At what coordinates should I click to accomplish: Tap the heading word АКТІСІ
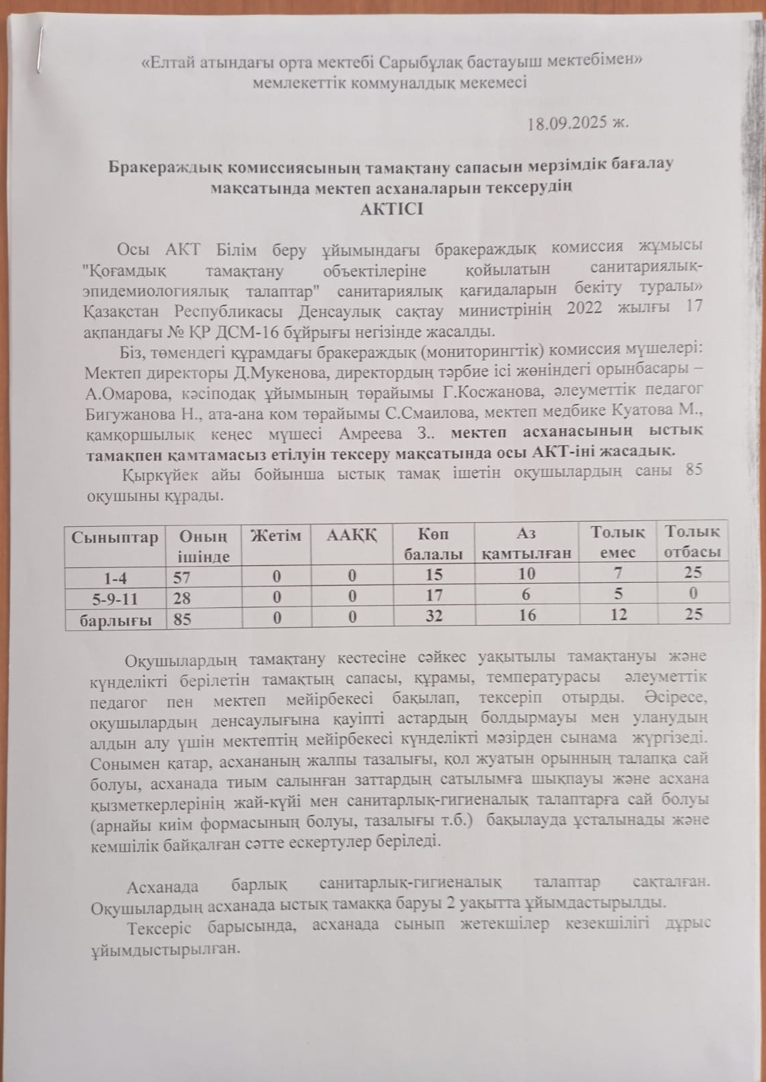click(392, 209)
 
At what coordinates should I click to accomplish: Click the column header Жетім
click(275, 536)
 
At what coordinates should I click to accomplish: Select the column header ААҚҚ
click(351, 536)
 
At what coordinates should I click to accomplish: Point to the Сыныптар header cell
click(114, 538)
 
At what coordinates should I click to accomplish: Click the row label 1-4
click(115, 578)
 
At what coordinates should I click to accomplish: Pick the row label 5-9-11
click(115, 598)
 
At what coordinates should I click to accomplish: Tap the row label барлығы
click(116, 619)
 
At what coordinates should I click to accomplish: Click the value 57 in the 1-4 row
click(183, 578)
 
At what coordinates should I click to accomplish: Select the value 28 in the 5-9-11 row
click(183, 598)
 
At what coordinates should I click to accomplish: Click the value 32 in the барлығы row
click(434, 615)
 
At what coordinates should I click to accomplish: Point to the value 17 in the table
click(434, 595)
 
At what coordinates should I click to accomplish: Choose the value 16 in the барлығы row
click(527, 615)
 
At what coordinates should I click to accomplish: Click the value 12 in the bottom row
click(618, 614)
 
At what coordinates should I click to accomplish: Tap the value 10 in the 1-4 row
click(527, 574)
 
